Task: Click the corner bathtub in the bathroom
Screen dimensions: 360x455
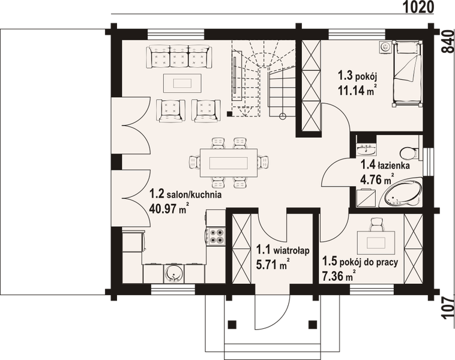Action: pyautogui.click(x=402, y=193)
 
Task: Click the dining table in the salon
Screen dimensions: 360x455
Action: pyautogui.click(x=229, y=162)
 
